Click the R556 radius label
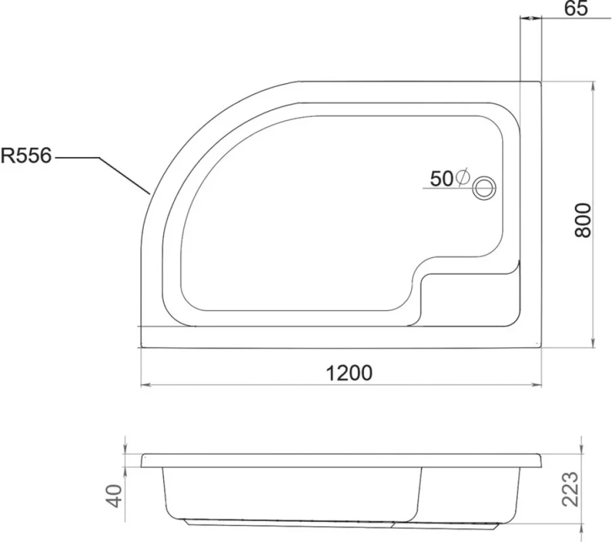tap(26, 156)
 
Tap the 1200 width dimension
tap(349, 373)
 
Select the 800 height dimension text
tap(583, 220)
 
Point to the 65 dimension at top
tap(576, 9)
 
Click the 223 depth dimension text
tap(570, 489)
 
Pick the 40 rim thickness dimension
tap(114, 495)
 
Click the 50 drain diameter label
tap(442, 179)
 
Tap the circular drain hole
tap(484, 189)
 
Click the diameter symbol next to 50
tap(462, 178)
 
